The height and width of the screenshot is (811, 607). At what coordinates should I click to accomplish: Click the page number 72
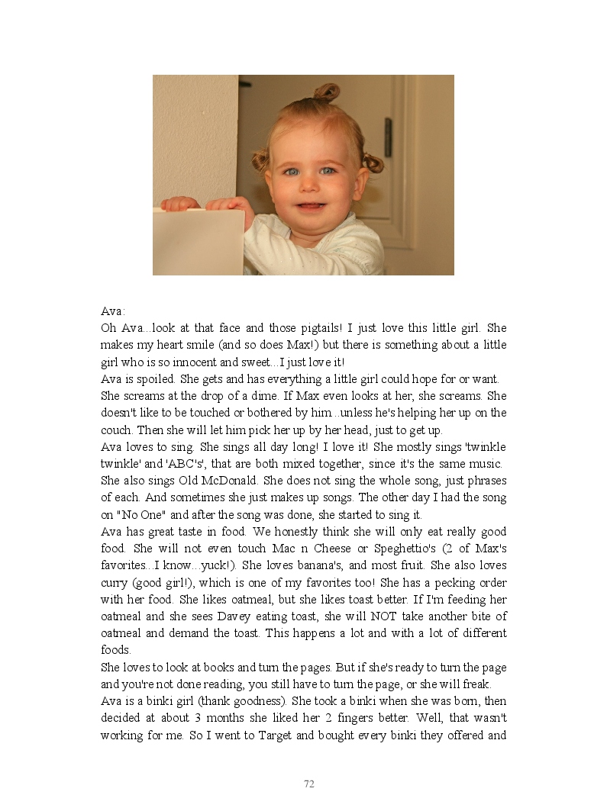click(x=309, y=784)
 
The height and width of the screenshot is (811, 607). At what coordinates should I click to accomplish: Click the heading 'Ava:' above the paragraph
click(x=113, y=311)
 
